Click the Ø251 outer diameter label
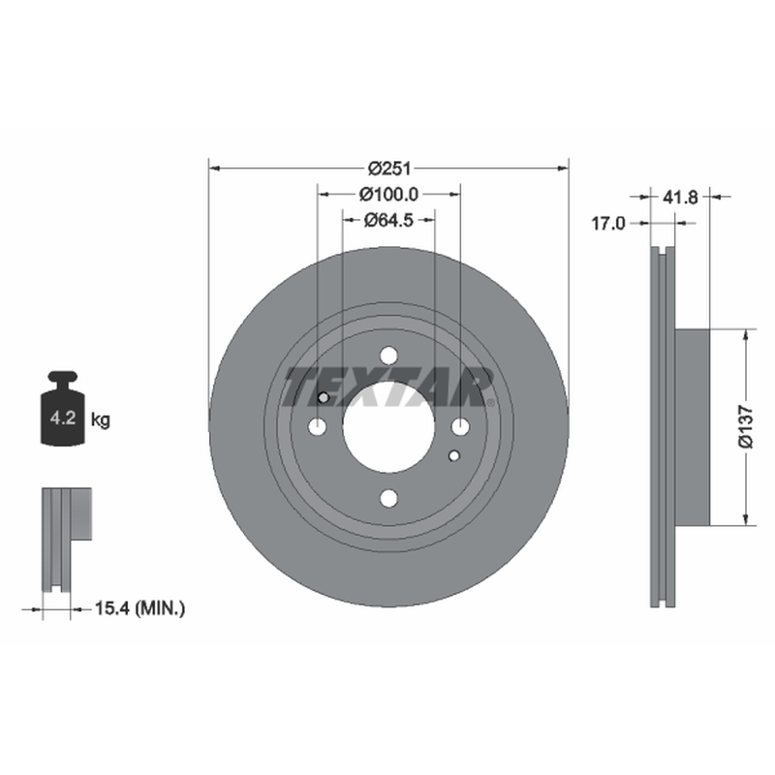click(389, 169)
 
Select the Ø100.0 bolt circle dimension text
click(389, 195)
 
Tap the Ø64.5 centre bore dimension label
click(388, 220)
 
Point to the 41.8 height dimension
click(680, 198)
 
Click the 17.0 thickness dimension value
click(608, 224)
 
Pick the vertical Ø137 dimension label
click(746, 427)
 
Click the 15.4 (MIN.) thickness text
click(139, 608)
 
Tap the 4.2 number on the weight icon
click(63, 418)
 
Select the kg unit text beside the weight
click(101, 420)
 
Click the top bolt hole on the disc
click(389, 356)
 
